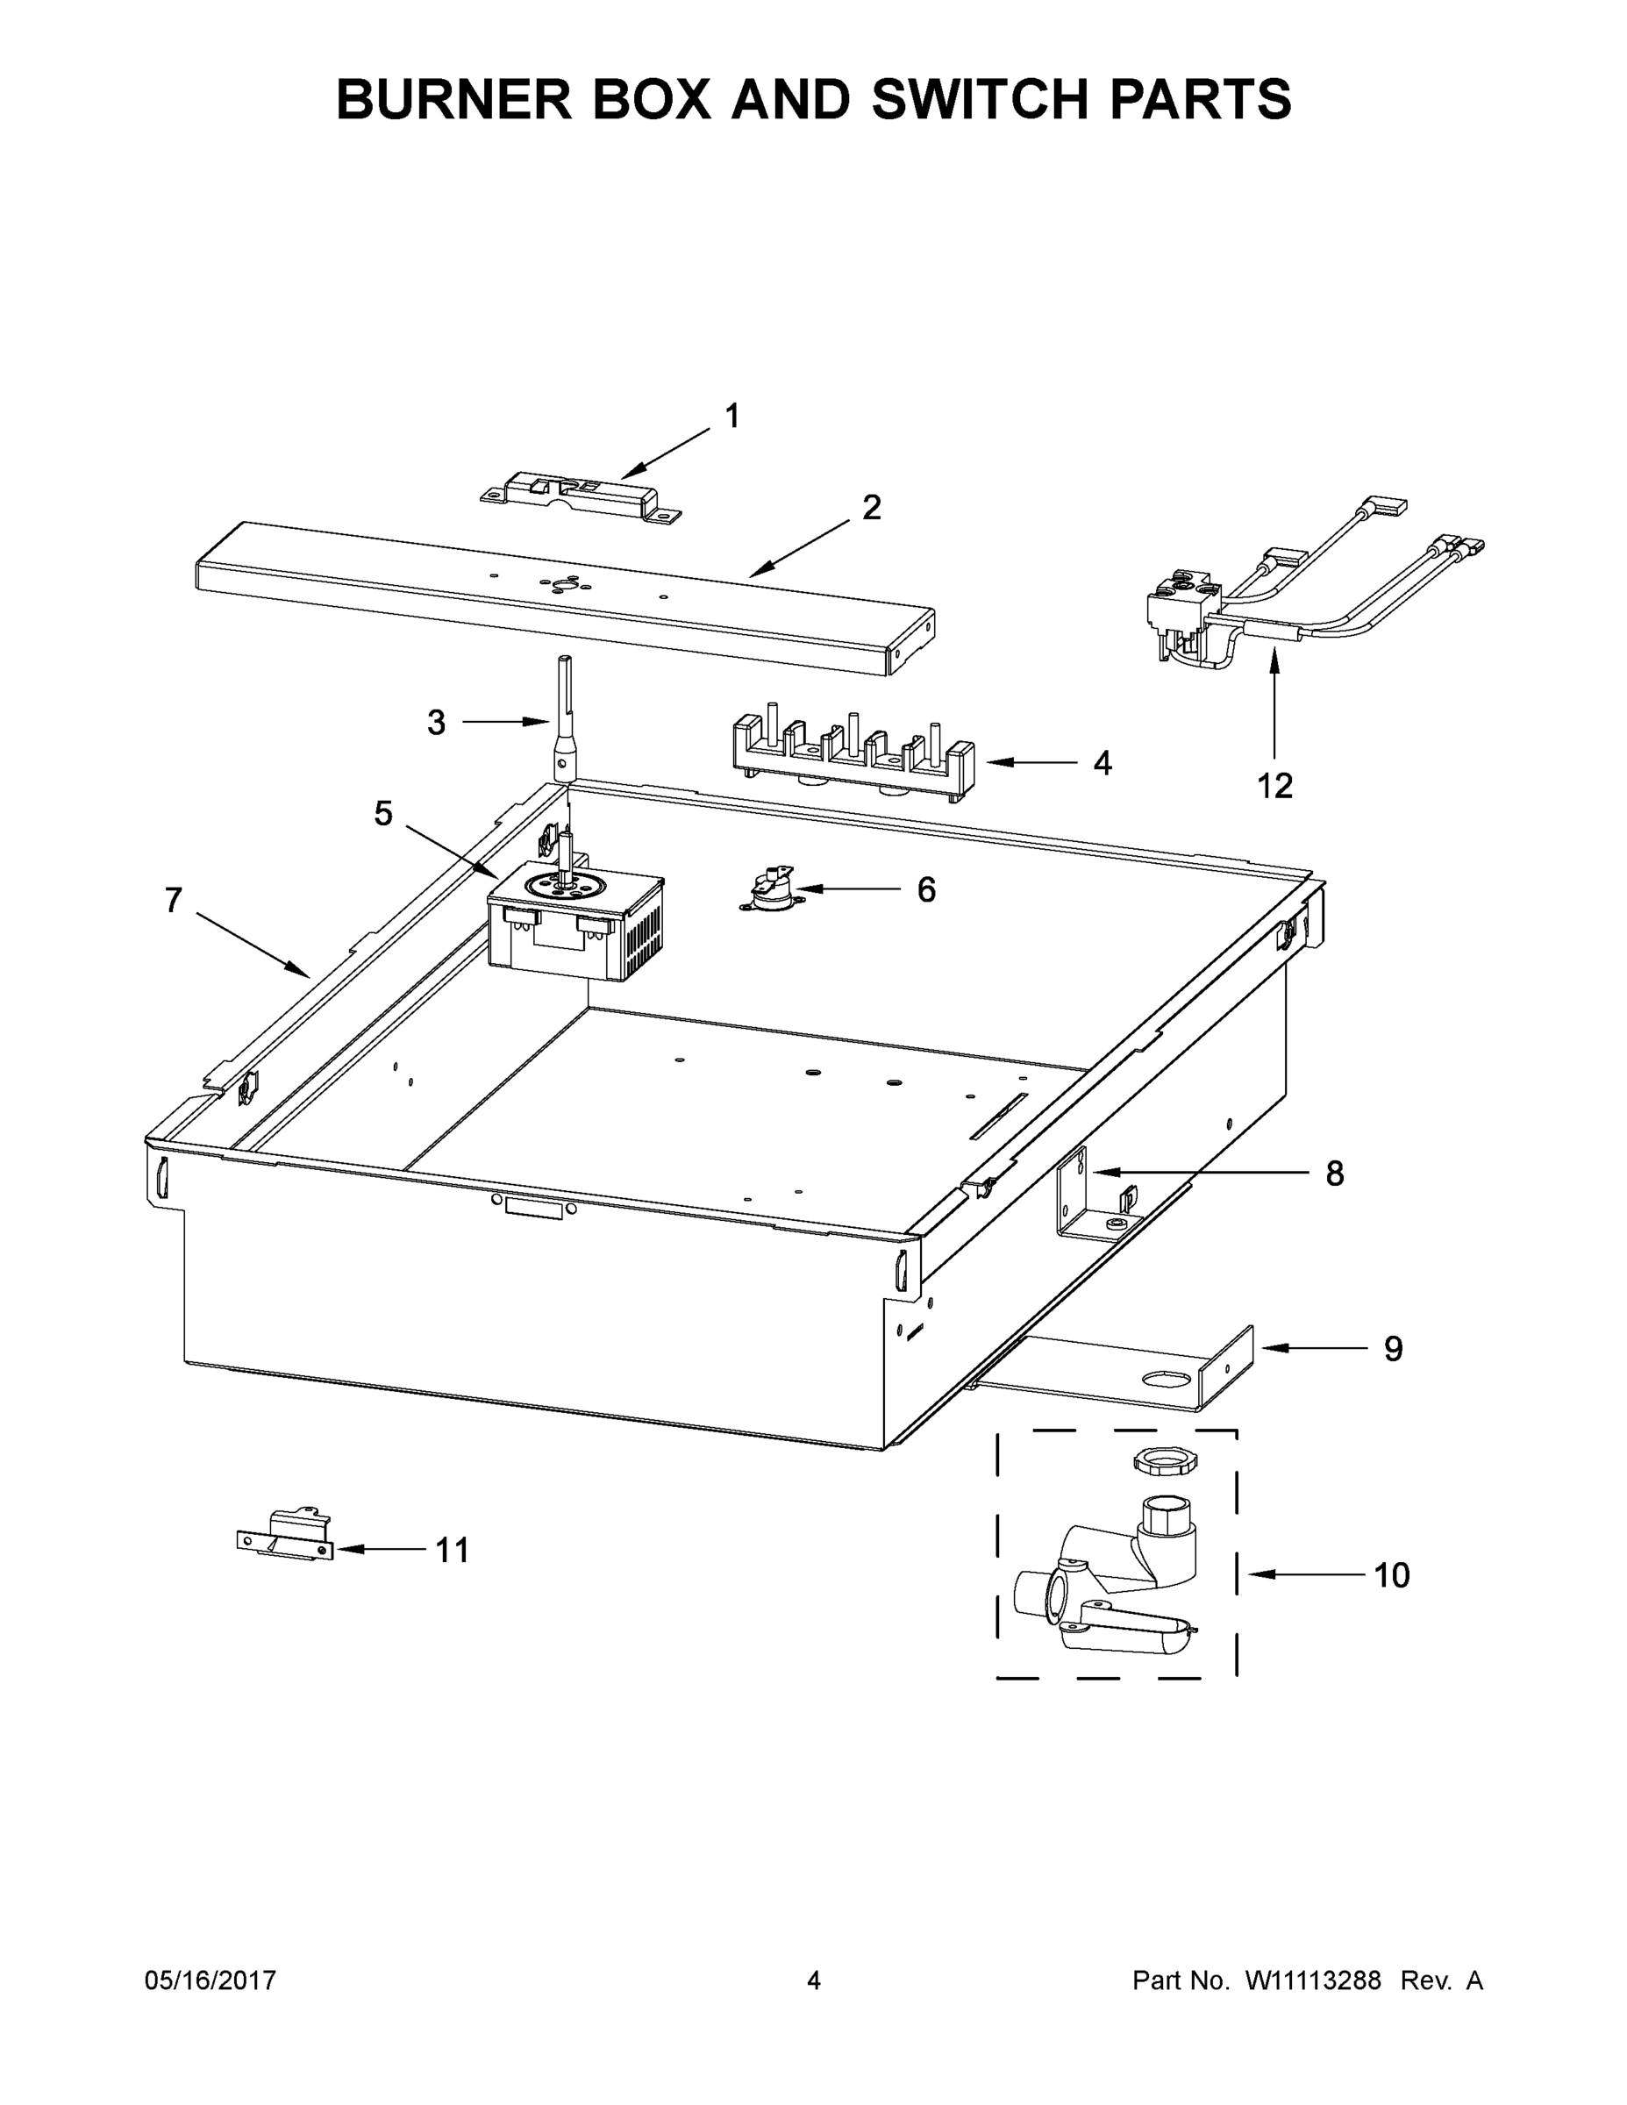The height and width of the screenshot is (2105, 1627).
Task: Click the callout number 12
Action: [x=1274, y=786]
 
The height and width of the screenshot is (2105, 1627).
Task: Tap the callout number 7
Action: [x=173, y=900]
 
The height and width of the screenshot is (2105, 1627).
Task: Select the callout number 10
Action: [x=1391, y=1575]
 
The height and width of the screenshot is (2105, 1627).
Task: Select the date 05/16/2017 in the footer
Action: [x=211, y=1980]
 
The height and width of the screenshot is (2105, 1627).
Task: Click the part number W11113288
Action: [x=1313, y=1980]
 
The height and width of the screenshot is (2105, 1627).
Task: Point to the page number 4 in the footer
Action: [x=814, y=1980]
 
